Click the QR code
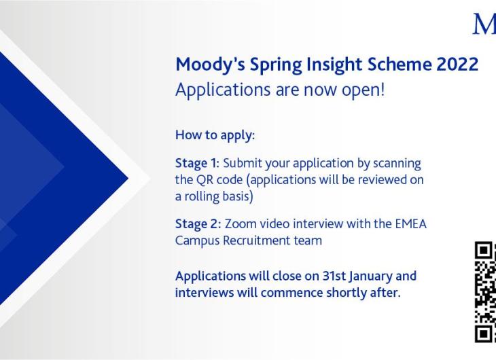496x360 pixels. coord(485,292)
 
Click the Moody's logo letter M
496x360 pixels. coord(484,24)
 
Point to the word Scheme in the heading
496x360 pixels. coord(400,65)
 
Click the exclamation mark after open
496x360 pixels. coord(383,89)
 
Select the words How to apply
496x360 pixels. coord(215,135)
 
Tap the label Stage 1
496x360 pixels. coord(197,164)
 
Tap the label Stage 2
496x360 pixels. coord(198,224)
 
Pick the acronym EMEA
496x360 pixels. coord(411,224)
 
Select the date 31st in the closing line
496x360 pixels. coord(334,276)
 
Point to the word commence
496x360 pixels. coord(291,293)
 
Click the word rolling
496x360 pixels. coord(202,197)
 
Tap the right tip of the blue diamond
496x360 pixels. coord(128,179)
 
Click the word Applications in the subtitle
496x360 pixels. coord(223,90)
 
